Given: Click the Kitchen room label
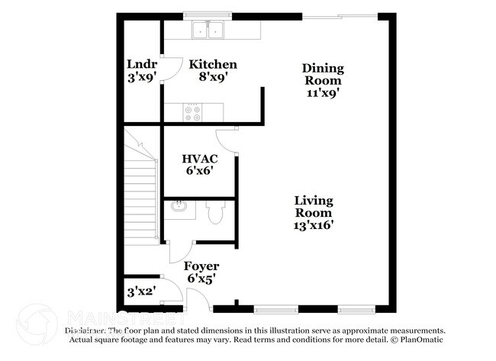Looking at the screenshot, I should click(213, 65).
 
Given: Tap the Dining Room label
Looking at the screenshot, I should click(324, 74).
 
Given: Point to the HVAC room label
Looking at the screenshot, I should click(200, 159).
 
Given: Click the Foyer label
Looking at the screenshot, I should click(201, 266).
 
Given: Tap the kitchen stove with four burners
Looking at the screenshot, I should click(192, 112).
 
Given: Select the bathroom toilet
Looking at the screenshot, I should click(215, 212).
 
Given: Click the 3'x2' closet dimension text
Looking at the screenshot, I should click(141, 292).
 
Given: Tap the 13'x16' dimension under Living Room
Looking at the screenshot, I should click(314, 225).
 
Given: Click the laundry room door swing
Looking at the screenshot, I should click(169, 71).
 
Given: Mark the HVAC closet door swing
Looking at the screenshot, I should click(227, 140).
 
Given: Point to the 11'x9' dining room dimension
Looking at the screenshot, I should click(323, 92).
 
